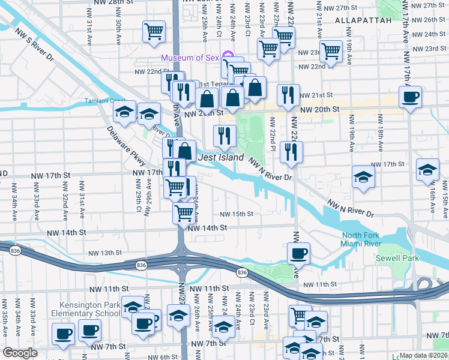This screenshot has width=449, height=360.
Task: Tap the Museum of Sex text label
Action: pos(190,58)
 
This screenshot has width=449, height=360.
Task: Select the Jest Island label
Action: pos(221,157)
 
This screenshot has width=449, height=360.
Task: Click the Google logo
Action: pos(20,353)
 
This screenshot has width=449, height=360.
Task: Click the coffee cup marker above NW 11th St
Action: pos(298,253)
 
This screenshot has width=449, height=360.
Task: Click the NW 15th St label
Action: pos(237,214)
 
